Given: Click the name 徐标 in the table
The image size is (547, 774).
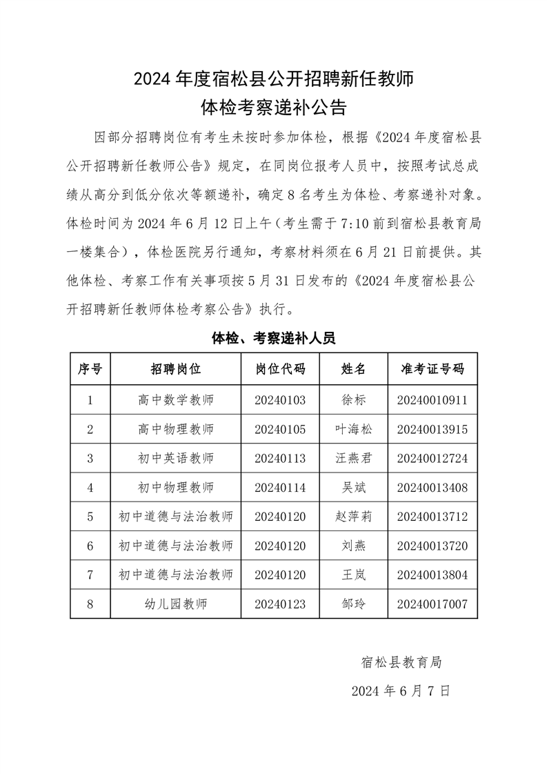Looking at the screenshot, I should coord(353,399).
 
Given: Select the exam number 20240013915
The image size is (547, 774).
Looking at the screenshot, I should coord(432,429).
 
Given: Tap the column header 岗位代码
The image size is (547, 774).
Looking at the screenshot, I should coord(279,369).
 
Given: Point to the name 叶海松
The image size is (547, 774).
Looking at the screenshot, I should coord(353,429).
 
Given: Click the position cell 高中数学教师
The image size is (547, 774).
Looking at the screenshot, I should coord(176,399).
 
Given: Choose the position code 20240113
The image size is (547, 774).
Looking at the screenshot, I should coord(279,458).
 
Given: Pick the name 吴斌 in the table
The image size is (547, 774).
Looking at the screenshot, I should coord(353,488).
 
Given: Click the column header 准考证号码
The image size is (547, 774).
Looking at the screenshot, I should coord(432,369).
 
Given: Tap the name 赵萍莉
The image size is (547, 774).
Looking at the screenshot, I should coord(353,517).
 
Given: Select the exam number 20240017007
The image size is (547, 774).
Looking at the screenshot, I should coord(432,604).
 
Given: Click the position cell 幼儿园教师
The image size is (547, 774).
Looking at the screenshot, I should coord(176,604).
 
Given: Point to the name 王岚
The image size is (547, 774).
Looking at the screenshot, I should coord(353,575).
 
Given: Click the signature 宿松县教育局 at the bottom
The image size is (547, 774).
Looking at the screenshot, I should coord(401,662).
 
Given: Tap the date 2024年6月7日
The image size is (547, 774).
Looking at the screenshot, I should coord(401,690).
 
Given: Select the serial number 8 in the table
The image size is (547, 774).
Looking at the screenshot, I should coord(90,604).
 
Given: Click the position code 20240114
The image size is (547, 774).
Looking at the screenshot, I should coord(279,488).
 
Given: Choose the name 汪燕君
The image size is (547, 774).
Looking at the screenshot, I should coord(353,458).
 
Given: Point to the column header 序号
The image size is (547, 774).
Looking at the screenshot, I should coord(90,369).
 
